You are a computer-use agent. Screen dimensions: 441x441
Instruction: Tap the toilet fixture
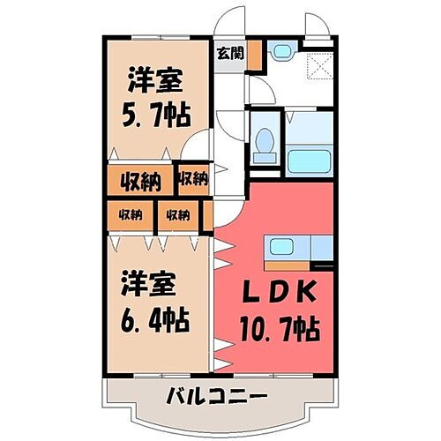click(x=264, y=145)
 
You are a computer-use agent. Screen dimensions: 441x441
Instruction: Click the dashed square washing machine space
click(x=318, y=64)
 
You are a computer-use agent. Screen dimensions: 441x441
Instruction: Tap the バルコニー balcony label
click(x=216, y=394)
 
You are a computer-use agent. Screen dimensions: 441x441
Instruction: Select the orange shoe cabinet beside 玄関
click(x=254, y=56)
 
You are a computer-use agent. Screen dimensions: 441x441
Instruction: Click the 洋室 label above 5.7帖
click(x=156, y=82)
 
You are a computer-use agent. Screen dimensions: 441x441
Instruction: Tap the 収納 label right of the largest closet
click(x=191, y=180)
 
